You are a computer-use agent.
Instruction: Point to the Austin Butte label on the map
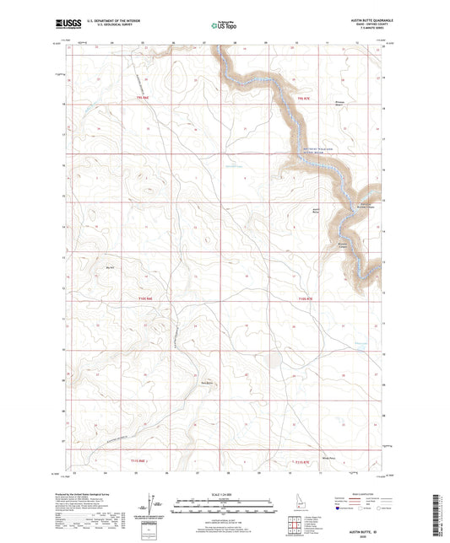[x=317, y=210]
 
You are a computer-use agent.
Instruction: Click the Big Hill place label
[x=108, y=269]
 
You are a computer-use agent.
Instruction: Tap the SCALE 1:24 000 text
[x=225, y=493]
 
